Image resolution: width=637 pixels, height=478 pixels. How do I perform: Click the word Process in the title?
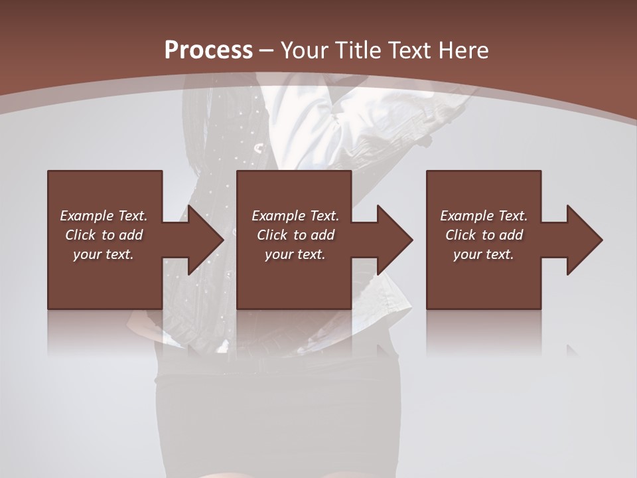point(208,50)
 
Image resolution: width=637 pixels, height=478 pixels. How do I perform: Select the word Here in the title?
point(465,50)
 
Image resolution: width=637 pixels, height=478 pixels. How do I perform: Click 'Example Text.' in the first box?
point(104,216)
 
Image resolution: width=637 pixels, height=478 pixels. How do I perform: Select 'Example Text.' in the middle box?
point(295,216)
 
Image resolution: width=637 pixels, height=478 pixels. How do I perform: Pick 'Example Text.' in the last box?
point(484,216)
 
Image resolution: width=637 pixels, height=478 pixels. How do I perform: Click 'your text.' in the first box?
point(104,254)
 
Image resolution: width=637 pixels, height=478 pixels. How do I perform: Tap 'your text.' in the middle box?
point(295,254)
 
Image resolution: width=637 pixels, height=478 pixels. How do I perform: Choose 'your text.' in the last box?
point(484,254)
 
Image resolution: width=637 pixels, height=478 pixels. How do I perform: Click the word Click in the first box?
point(80,235)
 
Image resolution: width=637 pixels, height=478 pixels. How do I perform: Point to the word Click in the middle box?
point(272,235)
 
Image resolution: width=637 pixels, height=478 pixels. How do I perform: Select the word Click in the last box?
point(460,235)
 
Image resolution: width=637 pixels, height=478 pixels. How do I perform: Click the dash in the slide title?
point(266,50)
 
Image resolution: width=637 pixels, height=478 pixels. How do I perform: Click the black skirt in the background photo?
point(279,412)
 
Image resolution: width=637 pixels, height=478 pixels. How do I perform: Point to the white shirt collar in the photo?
point(345,100)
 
